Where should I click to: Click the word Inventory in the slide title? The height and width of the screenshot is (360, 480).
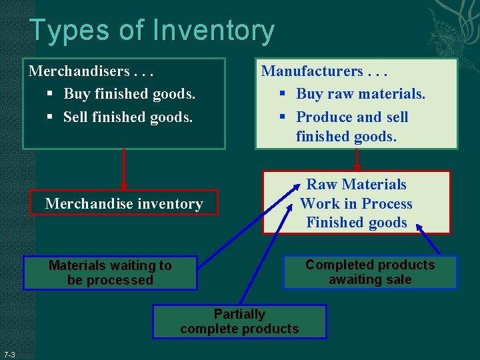(x=213, y=31)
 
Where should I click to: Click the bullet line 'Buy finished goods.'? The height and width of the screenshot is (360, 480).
(x=129, y=94)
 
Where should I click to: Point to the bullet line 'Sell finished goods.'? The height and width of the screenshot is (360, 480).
(x=128, y=117)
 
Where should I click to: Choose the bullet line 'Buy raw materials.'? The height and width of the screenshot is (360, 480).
(x=360, y=94)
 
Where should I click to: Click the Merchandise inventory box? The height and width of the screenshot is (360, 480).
(x=124, y=204)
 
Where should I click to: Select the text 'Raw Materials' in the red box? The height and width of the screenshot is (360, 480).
(x=357, y=185)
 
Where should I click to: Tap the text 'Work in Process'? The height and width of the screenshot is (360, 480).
(x=357, y=204)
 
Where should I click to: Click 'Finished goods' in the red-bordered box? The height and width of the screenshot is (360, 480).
(x=357, y=223)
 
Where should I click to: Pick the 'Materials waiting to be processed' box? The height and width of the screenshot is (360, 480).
(x=110, y=273)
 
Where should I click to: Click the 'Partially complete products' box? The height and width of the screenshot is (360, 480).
(x=239, y=321)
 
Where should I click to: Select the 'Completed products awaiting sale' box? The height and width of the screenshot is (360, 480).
(x=370, y=272)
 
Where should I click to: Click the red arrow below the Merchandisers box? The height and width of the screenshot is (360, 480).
(x=123, y=169)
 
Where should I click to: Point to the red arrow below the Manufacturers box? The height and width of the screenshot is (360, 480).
(x=357, y=159)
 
